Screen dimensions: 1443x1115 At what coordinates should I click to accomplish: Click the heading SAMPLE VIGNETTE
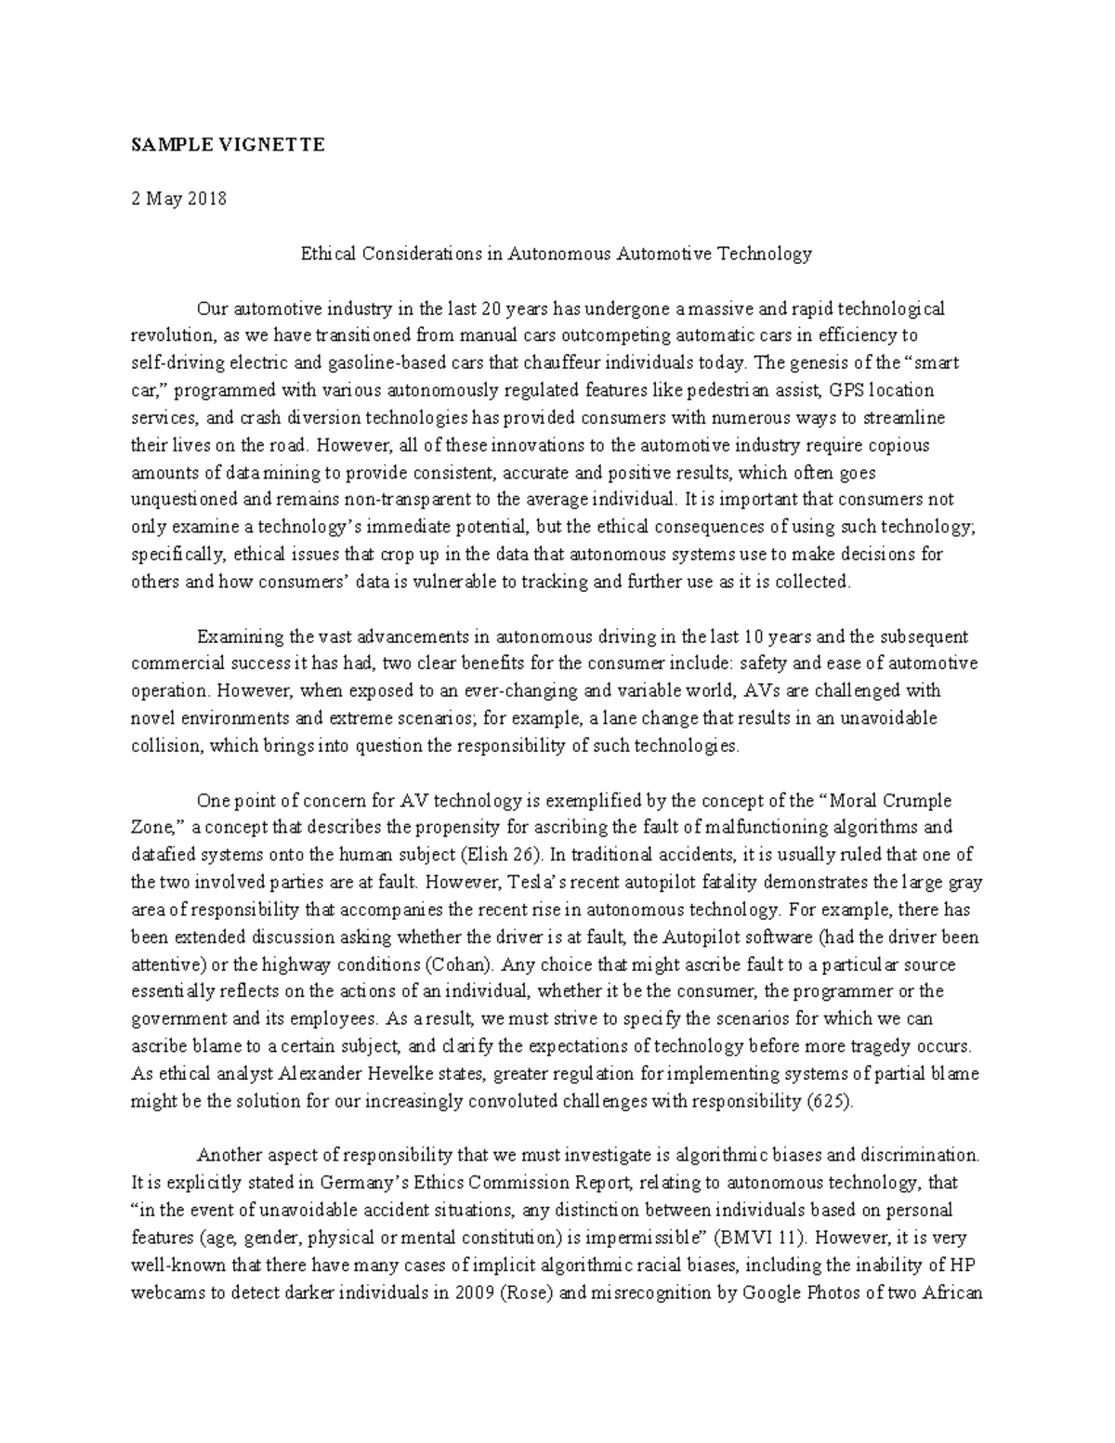point(228,145)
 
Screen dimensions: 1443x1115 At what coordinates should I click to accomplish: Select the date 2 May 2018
point(178,199)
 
